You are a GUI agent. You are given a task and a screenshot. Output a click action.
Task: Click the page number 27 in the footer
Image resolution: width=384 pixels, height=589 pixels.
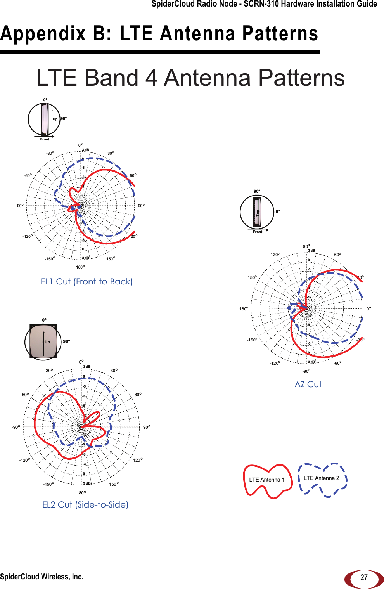point(363,577)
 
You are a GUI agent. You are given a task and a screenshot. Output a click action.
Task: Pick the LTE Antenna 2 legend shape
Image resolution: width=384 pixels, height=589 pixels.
point(322,478)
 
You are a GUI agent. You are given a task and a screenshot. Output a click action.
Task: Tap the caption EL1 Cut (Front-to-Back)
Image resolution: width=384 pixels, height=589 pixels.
point(86,282)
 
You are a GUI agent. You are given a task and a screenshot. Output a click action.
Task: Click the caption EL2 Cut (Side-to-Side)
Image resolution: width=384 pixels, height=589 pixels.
point(85,505)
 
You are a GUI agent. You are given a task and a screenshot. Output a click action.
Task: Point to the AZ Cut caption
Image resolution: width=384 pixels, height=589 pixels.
point(308,385)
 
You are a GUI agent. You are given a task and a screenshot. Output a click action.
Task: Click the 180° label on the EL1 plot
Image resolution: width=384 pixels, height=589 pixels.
point(80,267)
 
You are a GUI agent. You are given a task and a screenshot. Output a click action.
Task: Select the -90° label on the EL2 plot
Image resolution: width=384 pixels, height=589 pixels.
point(16,427)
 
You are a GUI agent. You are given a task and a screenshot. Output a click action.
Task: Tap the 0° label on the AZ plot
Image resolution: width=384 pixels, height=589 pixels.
point(368,309)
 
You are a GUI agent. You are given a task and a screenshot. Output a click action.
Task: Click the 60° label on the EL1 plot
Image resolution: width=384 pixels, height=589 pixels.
point(133,176)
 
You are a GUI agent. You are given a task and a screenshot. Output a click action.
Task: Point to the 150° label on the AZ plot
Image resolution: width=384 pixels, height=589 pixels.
point(252,277)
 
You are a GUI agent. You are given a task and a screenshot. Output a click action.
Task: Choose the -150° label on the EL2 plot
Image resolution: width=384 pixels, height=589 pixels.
point(48,484)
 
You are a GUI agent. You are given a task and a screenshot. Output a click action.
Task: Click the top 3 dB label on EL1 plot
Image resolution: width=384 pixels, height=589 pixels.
point(85,150)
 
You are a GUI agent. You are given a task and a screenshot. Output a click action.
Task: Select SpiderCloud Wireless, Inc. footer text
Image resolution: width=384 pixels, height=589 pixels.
point(42,577)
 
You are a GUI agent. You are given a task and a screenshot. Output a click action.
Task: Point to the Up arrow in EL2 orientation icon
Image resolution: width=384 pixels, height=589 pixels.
point(45,342)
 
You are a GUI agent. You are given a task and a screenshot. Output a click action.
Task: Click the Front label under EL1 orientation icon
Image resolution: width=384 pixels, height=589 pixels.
point(45,139)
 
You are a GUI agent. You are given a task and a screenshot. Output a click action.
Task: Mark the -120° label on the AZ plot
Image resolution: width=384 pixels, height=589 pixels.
point(275,364)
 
